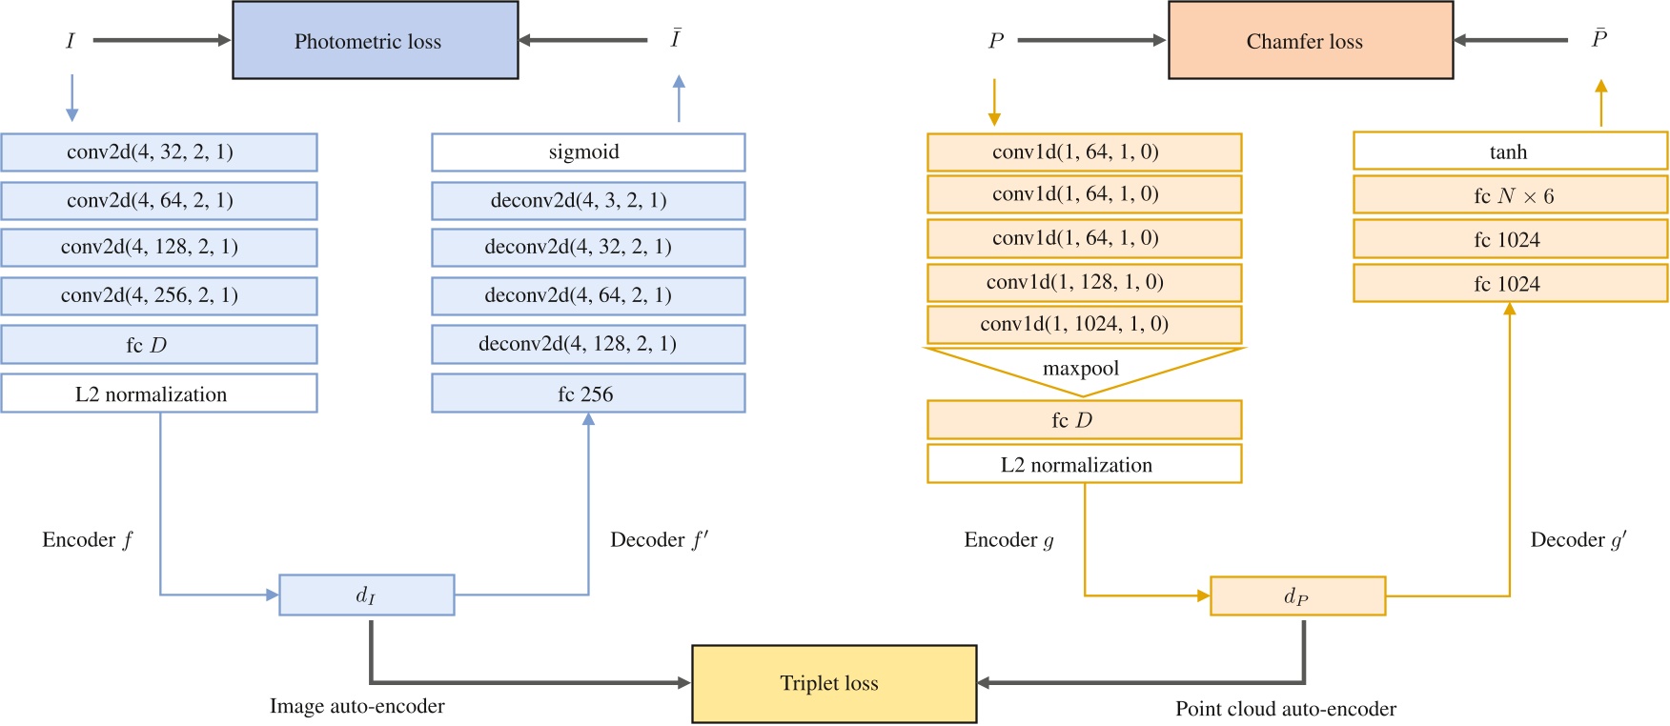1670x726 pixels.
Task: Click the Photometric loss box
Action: coord(376,40)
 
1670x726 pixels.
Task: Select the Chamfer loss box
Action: coord(1311,40)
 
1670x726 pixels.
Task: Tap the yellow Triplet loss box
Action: coord(834,683)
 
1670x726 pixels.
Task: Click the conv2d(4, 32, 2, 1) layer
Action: coord(159,152)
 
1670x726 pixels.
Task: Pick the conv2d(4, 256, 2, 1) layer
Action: coord(159,295)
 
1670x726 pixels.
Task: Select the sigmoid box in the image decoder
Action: coord(588,152)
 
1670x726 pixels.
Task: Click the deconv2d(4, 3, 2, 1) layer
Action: coord(588,201)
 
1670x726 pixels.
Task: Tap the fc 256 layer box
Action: coord(588,393)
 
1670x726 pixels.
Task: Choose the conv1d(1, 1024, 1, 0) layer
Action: coord(1084,324)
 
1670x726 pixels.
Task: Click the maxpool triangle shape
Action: coord(1082,370)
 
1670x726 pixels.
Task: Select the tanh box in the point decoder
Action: coord(1510,151)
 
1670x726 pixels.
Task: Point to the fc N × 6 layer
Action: coord(1510,195)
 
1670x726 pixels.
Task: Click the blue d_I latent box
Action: coord(367,595)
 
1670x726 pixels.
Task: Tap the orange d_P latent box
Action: coord(1297,596)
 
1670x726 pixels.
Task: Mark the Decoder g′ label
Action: coord(1578,540)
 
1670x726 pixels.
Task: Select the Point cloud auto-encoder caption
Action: coord(1285,709)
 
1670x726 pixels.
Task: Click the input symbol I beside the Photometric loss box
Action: coord(70,41)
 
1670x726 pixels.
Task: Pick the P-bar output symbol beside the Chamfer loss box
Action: coord(1599,38)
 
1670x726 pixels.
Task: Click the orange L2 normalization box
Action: coord(1084,464)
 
